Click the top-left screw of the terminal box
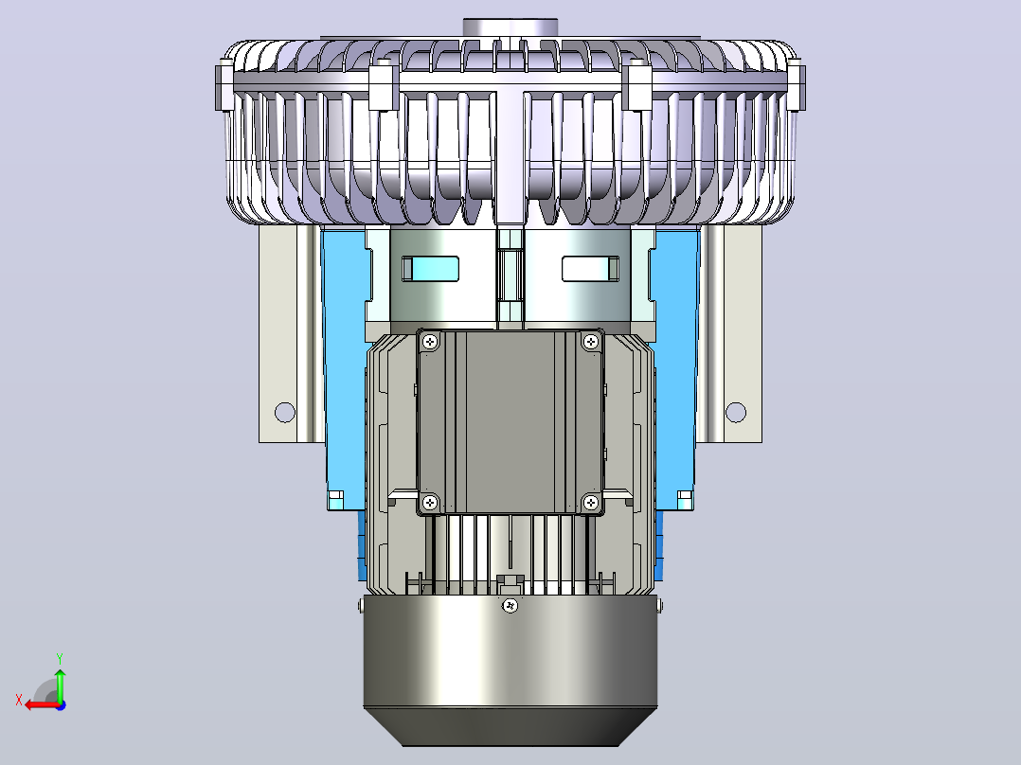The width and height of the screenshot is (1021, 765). pyautogui.click(x=430, y=342)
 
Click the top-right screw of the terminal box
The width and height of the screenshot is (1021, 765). pyautogui.click(x=591, y=342)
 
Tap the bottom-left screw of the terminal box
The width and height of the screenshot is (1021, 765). pyautogui.click(x=430, y=503)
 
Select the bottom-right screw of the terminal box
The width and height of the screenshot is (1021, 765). pyautogui.click(x=591, y=503)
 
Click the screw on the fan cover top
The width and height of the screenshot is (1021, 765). pyautogui.click(x=511, y=606)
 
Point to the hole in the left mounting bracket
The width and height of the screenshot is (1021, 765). pyautogui.click(x=284, y=412)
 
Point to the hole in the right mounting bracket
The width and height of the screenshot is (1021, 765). pyautogui.click(x=736, y=412)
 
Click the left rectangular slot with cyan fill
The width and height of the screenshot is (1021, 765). pyautogui.click(x=430, y=269)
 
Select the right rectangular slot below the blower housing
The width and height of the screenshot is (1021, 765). pyautogui.click(x=590, y=269)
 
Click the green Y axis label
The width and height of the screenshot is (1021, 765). pyautogui.click(x=60, y=658)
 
